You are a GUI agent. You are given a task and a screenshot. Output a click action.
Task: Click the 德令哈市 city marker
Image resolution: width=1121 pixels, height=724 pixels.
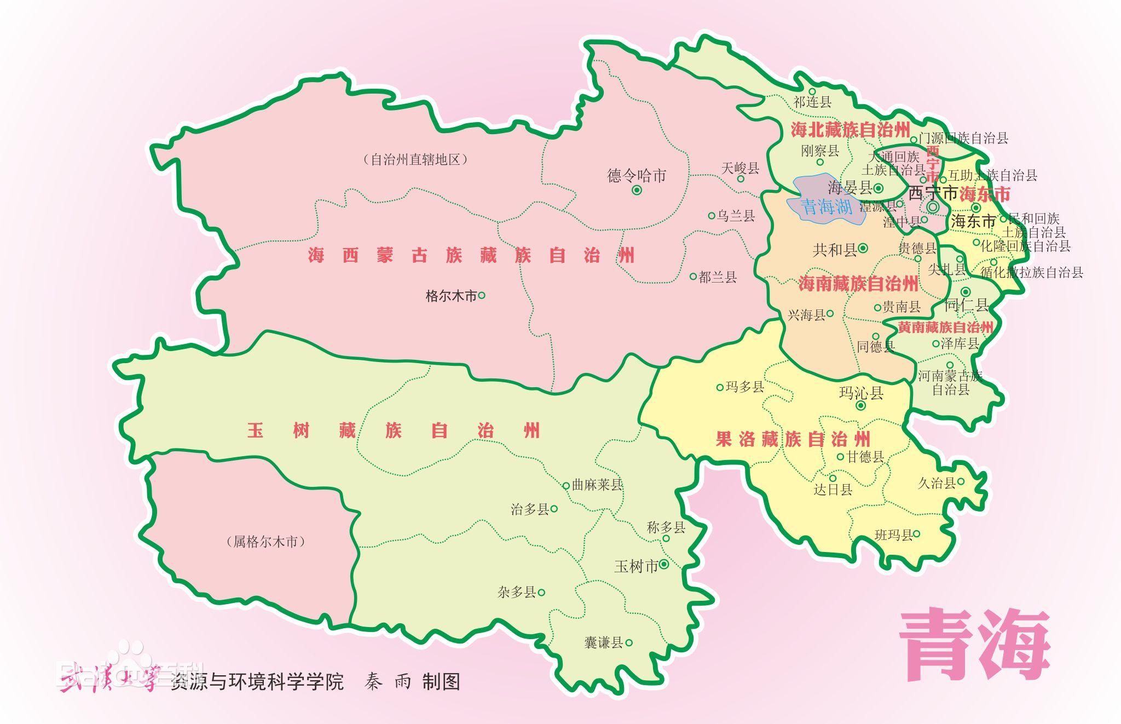coord(637,190)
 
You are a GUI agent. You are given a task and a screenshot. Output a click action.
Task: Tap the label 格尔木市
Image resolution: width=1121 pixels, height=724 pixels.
coord(451,296)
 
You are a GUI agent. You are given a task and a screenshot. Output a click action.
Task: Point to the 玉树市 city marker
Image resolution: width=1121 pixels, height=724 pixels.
coord(664,564)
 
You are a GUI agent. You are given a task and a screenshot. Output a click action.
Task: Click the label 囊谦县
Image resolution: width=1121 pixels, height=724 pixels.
coord(604,642)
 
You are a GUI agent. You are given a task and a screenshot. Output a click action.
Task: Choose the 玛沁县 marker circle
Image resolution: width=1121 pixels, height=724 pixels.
coord(860,406)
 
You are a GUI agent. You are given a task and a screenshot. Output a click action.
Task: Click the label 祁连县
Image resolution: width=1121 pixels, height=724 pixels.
coord(812,102)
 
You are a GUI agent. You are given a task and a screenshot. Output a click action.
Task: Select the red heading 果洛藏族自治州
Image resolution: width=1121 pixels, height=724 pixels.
coord(793,439)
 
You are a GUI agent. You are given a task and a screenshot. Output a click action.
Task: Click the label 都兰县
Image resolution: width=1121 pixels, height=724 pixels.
coord(718,277)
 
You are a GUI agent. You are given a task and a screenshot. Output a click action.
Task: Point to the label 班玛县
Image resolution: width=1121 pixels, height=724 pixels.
coord(893,535)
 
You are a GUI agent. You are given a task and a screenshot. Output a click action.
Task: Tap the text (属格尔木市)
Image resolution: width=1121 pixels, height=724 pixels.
coord(265,542)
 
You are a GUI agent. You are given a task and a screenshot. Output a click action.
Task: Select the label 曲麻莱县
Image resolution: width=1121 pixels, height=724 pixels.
coord(597,485)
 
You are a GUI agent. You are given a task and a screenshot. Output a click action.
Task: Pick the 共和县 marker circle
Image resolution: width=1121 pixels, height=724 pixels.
coord(863,248)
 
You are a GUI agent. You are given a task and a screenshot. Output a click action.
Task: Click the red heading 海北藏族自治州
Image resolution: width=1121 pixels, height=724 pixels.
coord(850,130)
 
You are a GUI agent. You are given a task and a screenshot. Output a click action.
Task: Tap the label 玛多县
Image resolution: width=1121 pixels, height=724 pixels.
coord(744,387)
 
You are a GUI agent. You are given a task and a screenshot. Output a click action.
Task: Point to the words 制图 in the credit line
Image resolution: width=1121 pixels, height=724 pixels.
coord(441,682)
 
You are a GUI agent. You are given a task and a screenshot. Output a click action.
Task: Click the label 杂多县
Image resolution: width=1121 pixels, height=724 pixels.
coord(516,592)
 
